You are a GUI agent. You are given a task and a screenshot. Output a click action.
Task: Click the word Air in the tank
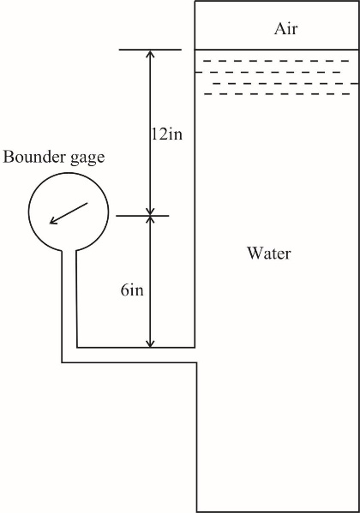coord(285,29)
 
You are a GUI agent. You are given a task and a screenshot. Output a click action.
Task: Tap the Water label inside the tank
coord(269,254)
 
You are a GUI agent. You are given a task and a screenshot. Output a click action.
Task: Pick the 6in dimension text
coord(132,290)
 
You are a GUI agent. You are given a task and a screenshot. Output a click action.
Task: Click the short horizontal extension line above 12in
coord(150,50)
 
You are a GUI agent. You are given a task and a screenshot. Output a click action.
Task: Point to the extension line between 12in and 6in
coord(143,216)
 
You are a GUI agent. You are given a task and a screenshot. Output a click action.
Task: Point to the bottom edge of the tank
coord(278,510)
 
